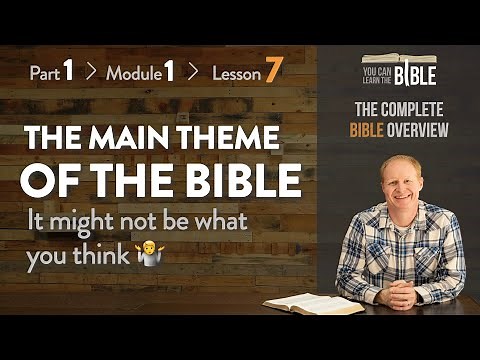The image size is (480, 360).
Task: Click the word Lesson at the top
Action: click(235, 74)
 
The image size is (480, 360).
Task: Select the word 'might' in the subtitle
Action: click(86, 223)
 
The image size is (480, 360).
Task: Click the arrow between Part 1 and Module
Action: click(90, 74)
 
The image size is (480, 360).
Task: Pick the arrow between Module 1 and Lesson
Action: click(192, 74)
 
